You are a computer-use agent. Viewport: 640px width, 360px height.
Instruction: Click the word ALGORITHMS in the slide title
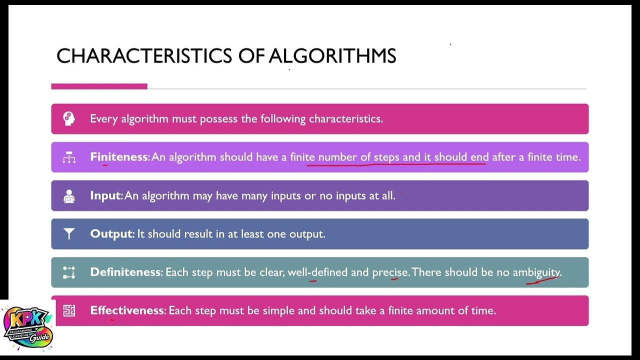(x=332, y=55)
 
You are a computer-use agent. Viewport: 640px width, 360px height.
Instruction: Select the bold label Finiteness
(x=119, y=157)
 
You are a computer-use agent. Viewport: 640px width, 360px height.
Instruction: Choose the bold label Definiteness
(x=125, y=272)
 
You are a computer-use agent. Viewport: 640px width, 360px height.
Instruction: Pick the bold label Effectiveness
(x=127, y=310)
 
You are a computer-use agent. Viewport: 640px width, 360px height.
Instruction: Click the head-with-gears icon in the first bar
(x=69, y=118)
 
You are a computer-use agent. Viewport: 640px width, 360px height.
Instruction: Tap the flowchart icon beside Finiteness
(x=69, y=157)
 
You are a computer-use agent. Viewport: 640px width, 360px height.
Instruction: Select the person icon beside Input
(x=69, y=196)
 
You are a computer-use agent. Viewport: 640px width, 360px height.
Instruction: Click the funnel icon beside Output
(x=69, y=233)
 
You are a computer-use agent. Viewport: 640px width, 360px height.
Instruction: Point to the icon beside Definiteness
(x=69, y=272)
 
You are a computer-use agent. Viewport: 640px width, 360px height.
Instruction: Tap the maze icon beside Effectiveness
(x=69, y=310)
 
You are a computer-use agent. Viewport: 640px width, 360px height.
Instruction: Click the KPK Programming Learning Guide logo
(x=27, y=327)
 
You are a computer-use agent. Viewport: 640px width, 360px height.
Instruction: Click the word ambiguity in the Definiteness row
(x=536, y=272)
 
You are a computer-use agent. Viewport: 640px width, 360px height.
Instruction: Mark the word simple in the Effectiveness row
(x=278, y=310)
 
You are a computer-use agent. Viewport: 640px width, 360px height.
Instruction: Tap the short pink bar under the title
(x=99, y=86)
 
